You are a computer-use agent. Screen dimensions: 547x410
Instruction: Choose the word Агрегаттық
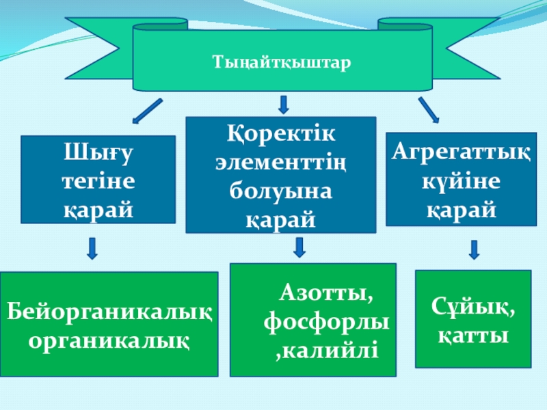[461, 152]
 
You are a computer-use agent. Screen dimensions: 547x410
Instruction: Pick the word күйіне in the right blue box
[461, 180]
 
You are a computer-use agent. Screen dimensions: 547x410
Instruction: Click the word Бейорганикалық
[109, 312]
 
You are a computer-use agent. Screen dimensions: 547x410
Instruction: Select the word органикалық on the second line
[109, 340]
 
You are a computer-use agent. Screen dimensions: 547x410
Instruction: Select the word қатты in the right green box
[473, 336]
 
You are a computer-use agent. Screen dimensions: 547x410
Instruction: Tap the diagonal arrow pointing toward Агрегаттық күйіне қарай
[429, 109]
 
